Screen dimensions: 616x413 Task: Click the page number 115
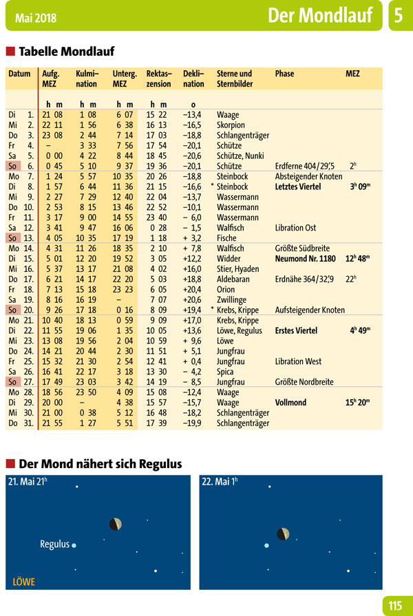(394, 606)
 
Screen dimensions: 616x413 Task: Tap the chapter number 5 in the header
(399, 16)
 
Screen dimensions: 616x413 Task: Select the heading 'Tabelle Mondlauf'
(66, 52)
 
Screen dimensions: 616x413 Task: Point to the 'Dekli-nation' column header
(194, 78)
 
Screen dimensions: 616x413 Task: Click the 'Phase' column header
(284, 74)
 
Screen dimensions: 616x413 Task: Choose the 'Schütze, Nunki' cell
(240, 156)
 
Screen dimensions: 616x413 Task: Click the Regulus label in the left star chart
(54, 544)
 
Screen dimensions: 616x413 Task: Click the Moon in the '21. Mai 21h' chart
(116, 524)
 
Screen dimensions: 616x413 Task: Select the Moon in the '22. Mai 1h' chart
(283, 534)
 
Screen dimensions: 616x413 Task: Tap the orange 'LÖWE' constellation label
(23, 582)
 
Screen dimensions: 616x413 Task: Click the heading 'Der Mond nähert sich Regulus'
(100, 464)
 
